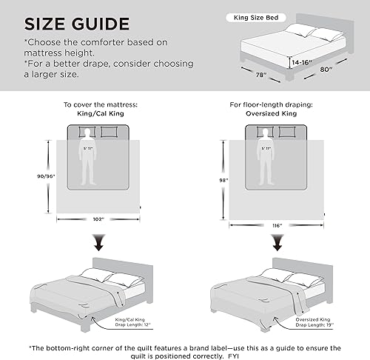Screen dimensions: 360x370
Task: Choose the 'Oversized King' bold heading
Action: [x=278, y=114]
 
